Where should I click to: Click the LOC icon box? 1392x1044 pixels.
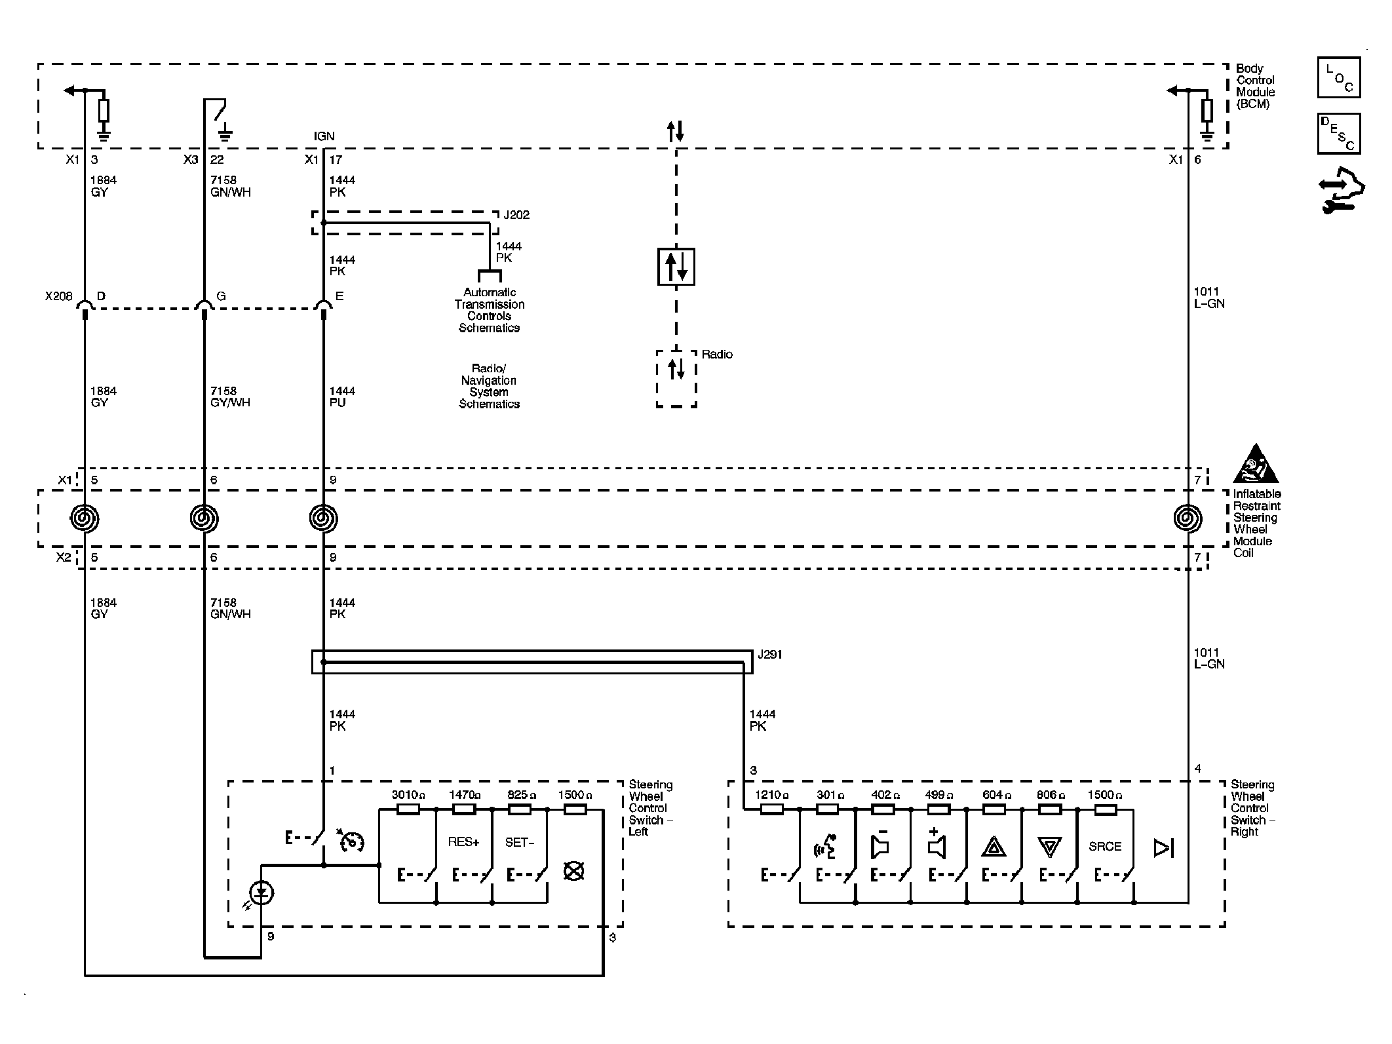[1338, 77]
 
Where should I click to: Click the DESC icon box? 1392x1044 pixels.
[1338, 134]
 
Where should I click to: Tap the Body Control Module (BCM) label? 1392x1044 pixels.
[1255, 86]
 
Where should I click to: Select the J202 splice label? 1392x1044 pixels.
[516, 215]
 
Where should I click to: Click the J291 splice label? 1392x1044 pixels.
[769, 655]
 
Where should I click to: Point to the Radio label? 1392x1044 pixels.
[717, 355]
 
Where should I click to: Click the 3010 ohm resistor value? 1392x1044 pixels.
[408, 795]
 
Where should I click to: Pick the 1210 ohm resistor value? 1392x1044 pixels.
[771, 795]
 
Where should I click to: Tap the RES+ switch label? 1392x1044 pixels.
[464, 842]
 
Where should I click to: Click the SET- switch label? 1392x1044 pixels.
[520, 842]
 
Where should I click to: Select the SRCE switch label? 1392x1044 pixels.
[1105, 847]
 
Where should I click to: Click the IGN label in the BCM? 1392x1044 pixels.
[324, 136]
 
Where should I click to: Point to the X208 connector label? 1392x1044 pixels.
[58, 296]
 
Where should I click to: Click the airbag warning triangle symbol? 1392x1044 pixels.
[1255, 464]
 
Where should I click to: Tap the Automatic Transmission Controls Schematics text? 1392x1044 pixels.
[490, 310]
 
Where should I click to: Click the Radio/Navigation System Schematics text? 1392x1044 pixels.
[489, 386]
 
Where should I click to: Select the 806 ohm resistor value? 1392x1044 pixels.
[1050, 795]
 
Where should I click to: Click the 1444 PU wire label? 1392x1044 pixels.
[342, 396]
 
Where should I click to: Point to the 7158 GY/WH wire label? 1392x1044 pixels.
[230, 396]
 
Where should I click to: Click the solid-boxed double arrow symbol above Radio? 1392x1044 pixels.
[676, 267]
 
